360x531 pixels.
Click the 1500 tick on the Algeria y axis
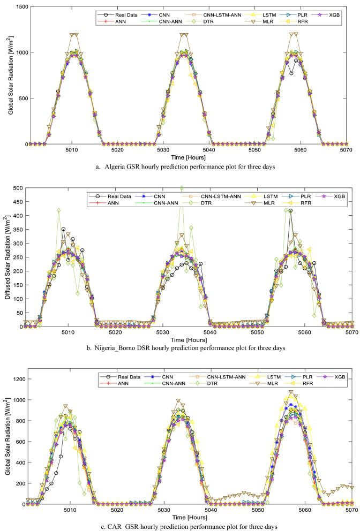point(19,6)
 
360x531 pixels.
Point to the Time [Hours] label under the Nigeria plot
point(186,340)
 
